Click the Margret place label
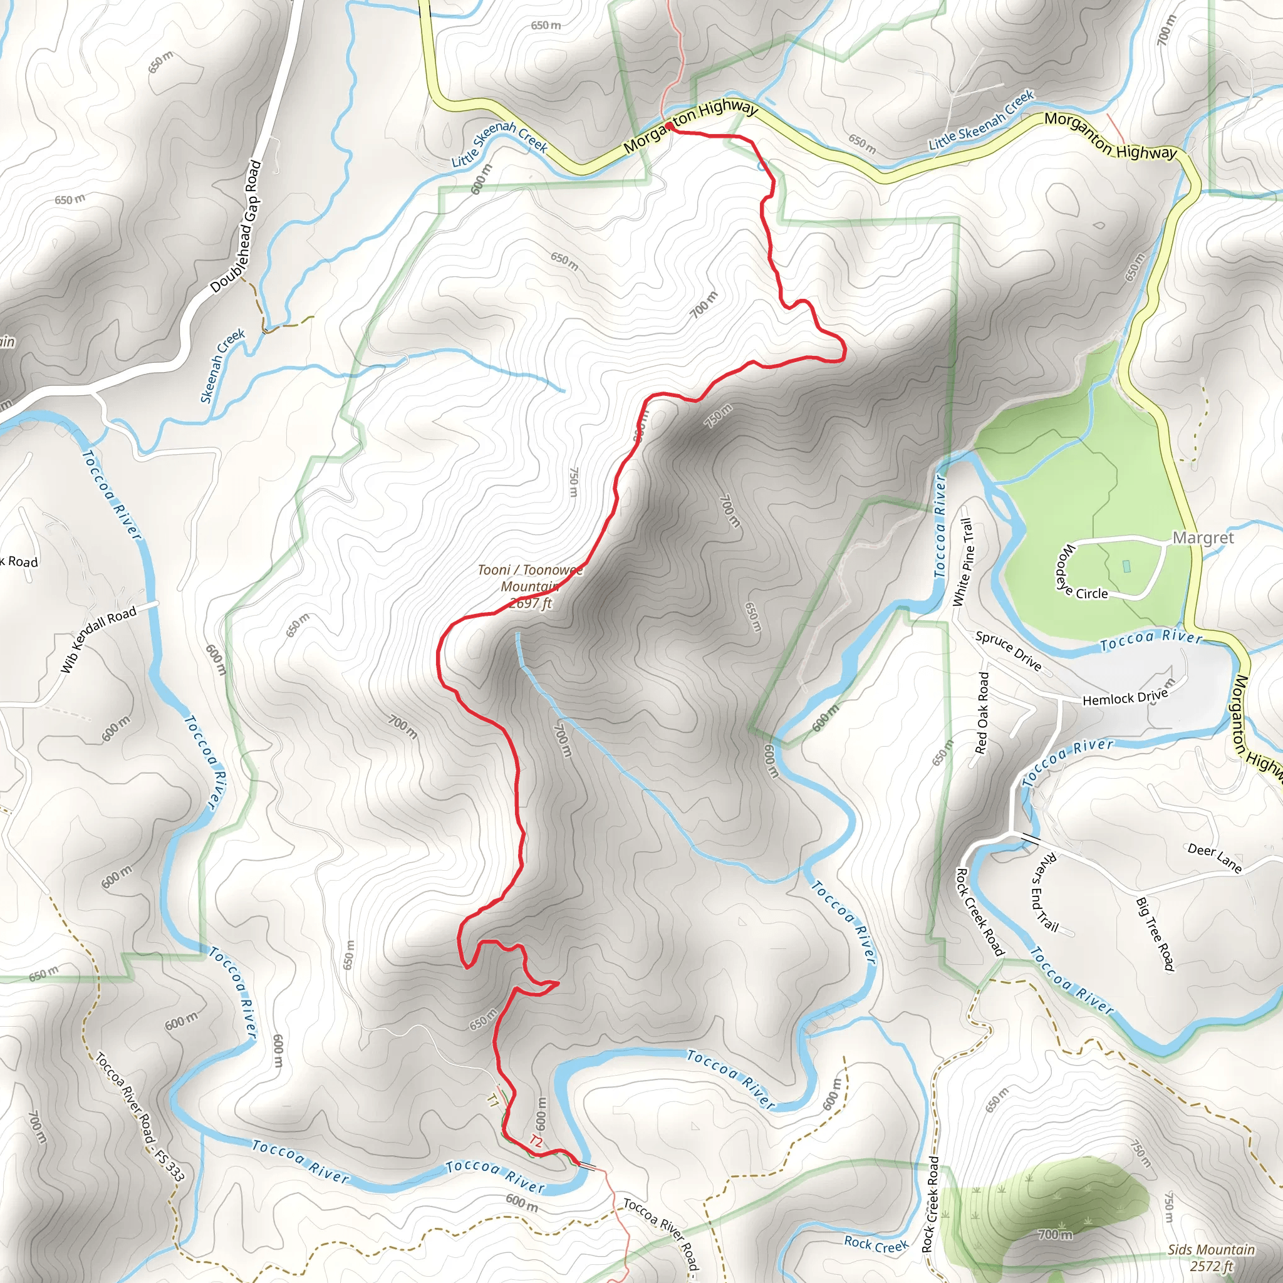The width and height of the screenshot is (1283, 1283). pos(1203,538)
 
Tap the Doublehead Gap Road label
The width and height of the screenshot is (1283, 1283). pos(236,227)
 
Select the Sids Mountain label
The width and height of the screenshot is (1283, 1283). pos(1212,1257)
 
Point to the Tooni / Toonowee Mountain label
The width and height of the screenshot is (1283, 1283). pos(529,586)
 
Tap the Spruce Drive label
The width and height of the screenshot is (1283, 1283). pos(1008,651)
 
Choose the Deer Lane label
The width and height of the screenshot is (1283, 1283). pos(1215,858)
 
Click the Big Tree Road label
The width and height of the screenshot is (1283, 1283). pos(1155,933)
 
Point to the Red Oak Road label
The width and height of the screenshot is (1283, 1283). pos(983,712)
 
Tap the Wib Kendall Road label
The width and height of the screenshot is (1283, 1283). pos(98,640)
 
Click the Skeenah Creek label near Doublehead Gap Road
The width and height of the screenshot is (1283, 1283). pos(222,366)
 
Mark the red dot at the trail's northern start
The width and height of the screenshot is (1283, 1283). pos(670,126)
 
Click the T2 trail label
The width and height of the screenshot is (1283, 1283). pos(536,1141)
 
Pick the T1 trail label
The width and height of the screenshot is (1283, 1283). pos(492,1099)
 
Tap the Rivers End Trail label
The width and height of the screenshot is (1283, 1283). pos(1044,893)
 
